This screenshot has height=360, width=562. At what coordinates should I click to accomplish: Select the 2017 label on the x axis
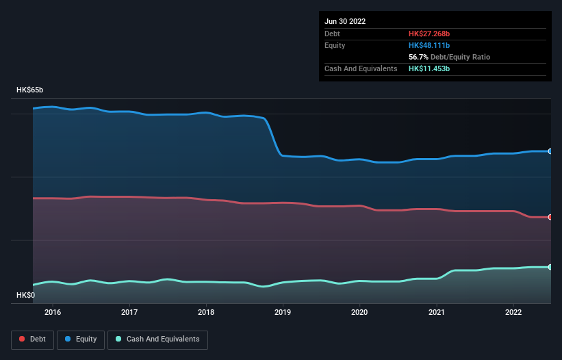(129, 313)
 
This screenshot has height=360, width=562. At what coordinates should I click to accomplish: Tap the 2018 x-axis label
(206, 313)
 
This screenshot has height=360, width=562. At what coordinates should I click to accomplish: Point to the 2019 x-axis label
(283, 313)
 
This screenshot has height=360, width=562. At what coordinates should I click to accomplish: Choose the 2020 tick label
(359, 313)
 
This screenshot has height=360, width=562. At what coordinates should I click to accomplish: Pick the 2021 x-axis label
(436, 313)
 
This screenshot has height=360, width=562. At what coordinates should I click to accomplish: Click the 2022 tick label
(513, 313)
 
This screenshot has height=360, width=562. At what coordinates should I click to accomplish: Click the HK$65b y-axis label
(30, 90)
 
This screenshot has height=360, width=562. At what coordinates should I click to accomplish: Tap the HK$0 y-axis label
(26, 295)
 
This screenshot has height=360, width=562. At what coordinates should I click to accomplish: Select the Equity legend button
(81, 339)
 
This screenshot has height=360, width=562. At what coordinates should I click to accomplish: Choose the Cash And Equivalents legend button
(157, 339)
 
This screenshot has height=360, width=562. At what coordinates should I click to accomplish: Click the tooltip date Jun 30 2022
(345, 21)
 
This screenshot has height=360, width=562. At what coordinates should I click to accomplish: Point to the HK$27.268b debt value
(429, 34)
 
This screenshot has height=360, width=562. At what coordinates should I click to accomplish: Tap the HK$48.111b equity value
(429, 45)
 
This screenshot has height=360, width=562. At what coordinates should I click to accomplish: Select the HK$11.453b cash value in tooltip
(429, 68)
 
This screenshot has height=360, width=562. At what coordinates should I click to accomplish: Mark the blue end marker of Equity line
(550, 151)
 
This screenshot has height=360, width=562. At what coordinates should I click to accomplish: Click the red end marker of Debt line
(550, 217)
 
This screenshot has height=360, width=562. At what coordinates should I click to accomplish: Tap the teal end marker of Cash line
(550, 267)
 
